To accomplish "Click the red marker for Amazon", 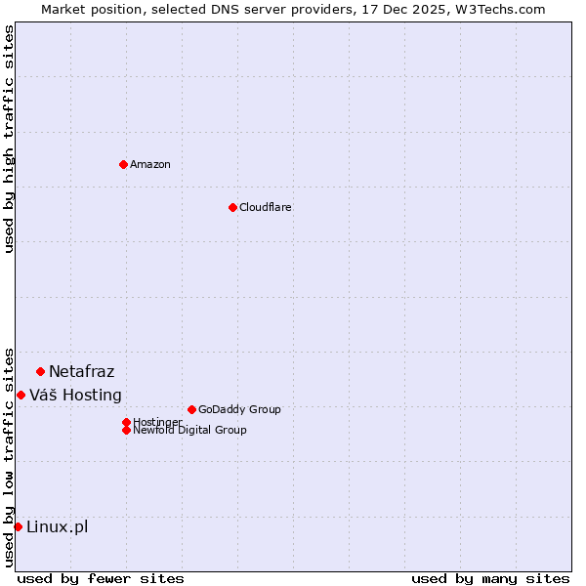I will pos(123,164).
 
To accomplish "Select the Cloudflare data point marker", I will pos(232,207).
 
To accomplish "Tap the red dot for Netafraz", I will pos(40,371).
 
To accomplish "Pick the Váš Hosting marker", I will pos(21,395).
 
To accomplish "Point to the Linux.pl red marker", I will pos(18,527).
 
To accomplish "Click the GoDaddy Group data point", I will pos(191,409).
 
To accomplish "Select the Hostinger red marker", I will pos(126,422).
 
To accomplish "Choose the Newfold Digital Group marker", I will pos(126,430).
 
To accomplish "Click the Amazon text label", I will pos(150,164).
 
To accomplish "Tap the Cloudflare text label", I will pos(266,207).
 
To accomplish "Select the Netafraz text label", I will pos(81,371).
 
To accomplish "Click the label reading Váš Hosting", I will pos(75,395).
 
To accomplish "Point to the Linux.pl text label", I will pos(57,527).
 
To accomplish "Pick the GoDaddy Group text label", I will pos(239,409).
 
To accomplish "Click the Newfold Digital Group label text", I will pos(190,430).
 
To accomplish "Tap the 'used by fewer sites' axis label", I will pos(101,578).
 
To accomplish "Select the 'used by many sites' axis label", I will pos(490,578).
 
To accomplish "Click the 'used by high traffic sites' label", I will pos(9,139).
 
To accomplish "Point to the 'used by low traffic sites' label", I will pos(9,456).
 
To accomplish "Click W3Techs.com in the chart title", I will pos(498,9).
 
